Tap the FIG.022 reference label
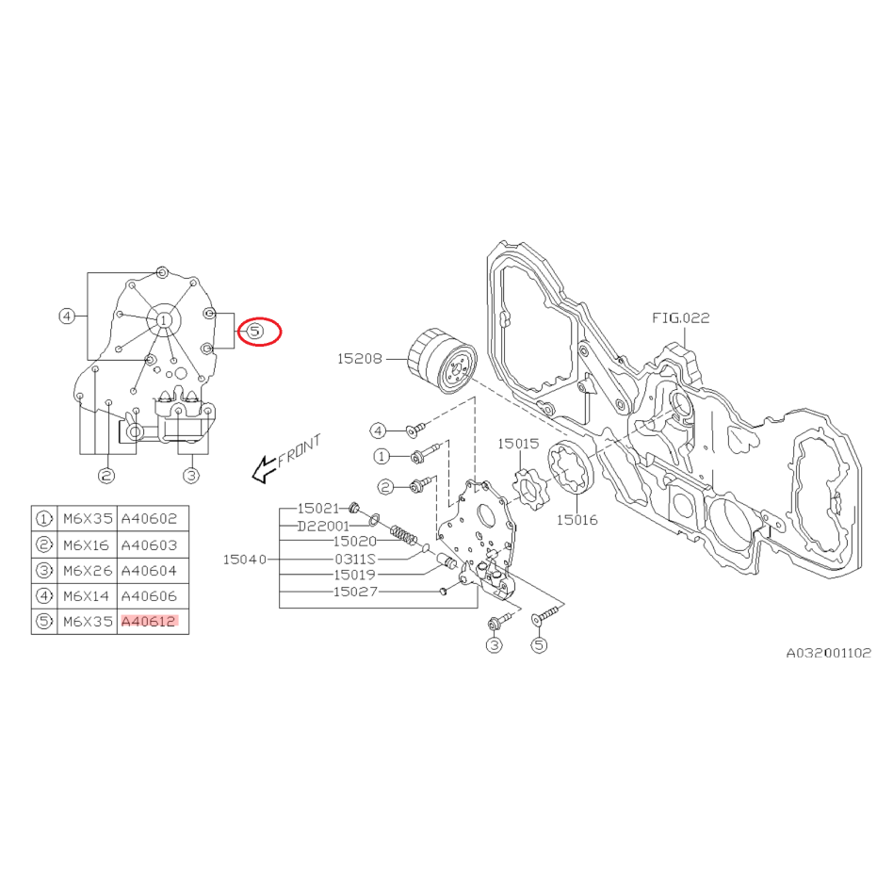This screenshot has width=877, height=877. coord(681,317)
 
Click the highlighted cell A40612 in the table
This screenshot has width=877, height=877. coord(149,621)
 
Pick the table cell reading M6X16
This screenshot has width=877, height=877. coord(86,544)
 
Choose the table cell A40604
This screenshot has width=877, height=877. coord(149,570)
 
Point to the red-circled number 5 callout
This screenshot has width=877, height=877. coord(257,331)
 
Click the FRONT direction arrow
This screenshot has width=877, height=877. coord(284,457)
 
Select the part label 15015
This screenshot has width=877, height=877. coord(518,442)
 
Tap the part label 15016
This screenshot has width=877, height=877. coord(577,518)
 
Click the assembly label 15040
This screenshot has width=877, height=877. coord(244,559)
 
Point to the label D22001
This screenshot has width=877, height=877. coord(323,525)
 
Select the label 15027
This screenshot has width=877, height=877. coord(355,592)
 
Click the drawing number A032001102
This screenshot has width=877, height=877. coord(829,652)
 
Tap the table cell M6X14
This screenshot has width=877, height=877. coord(86,595)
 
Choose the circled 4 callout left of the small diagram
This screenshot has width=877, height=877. coord(66,317)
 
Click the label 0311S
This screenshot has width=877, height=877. coord(355,558)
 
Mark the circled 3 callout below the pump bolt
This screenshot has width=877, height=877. coord(495,645)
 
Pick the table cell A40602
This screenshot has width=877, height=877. coord(149,519)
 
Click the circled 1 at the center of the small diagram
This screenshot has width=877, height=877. coord(164,320)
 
